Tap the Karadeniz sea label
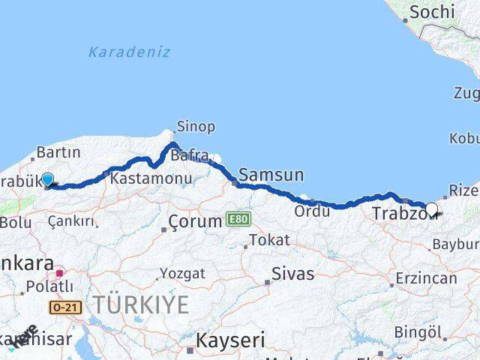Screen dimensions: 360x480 point(129,52)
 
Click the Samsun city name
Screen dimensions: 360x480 point(274,175)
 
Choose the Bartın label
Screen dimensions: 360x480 point(58,153)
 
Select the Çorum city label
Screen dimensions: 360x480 point(194,221)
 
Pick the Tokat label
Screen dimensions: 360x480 point(268,240)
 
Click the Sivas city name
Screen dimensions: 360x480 point(292,273)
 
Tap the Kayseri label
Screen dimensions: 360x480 point(230,340)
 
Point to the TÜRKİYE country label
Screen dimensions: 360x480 point(140,304)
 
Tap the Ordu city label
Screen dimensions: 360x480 point(312,211)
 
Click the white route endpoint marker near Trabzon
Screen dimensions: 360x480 point(431,209)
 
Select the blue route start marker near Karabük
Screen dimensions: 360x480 point(47,179)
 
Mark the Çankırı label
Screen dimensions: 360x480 point(72,221)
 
